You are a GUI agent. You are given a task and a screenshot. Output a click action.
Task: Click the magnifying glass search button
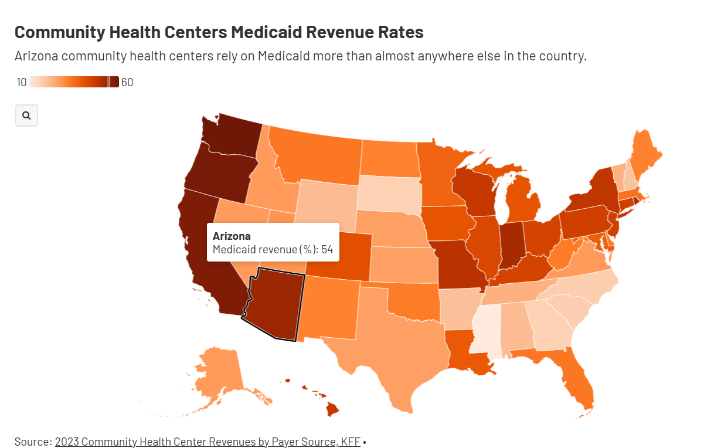[26, 116]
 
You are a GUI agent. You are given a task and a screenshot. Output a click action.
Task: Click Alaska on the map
[220, 372]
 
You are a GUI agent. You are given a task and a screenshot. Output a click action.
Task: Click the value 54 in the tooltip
[327, 250]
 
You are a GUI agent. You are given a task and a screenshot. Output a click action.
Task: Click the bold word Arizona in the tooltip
[232, 236]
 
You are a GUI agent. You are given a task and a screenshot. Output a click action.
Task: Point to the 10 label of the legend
[22, 83]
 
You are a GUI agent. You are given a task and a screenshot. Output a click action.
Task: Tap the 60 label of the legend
[127, 83]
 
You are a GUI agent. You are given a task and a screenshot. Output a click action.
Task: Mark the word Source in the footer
[33, 442]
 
